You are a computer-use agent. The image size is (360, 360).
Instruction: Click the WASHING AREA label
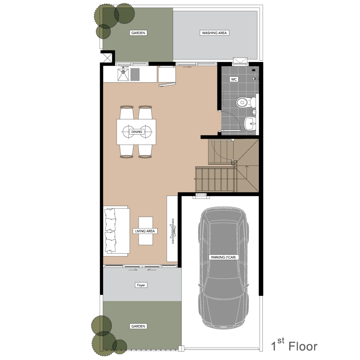pyautogui.click(x=214, y=33)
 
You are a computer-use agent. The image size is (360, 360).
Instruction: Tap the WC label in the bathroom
pyautogui.click(x=234, y=79)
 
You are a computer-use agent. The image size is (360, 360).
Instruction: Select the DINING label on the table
pyautogui.click(x=136, y=132)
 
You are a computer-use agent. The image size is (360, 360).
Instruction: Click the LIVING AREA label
pyautogui.click(x=145, y=231)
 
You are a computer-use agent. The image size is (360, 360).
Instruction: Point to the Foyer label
pyautogui.click(x=141, y=285)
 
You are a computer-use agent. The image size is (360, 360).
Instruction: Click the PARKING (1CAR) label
pyautogui.click(x=224, y=257)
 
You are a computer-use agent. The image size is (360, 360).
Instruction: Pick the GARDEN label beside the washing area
pyautogui.click(x=138, y=33)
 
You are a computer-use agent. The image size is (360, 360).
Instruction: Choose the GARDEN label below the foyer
pyautogui.click(x=138, y=326)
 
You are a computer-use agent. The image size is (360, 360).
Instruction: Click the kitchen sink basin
pyautogui.click(x=123, y=75)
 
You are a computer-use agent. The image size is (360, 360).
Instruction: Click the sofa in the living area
pyautogui.click(x=116, y=231)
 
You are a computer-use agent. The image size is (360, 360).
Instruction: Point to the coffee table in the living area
pyautogui.click(x=146, y=231)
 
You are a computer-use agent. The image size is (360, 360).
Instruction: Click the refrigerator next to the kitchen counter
pyautogui.click(x=167, y=75)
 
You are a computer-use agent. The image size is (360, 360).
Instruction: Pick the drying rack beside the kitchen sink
pyautogui.click(x=135, y=75)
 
